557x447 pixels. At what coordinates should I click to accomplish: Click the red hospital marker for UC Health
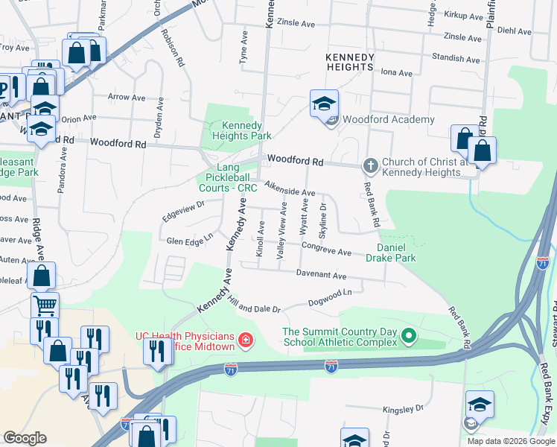246,342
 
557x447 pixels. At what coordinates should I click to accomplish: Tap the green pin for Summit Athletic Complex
408,337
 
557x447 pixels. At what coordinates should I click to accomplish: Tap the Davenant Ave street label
322,276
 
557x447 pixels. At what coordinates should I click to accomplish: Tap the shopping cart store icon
45,304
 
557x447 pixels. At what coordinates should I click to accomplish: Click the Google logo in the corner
25,438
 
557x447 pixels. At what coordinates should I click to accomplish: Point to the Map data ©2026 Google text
510,441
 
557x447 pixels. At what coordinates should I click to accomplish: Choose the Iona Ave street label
396,73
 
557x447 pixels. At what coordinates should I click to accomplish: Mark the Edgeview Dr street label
182,209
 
